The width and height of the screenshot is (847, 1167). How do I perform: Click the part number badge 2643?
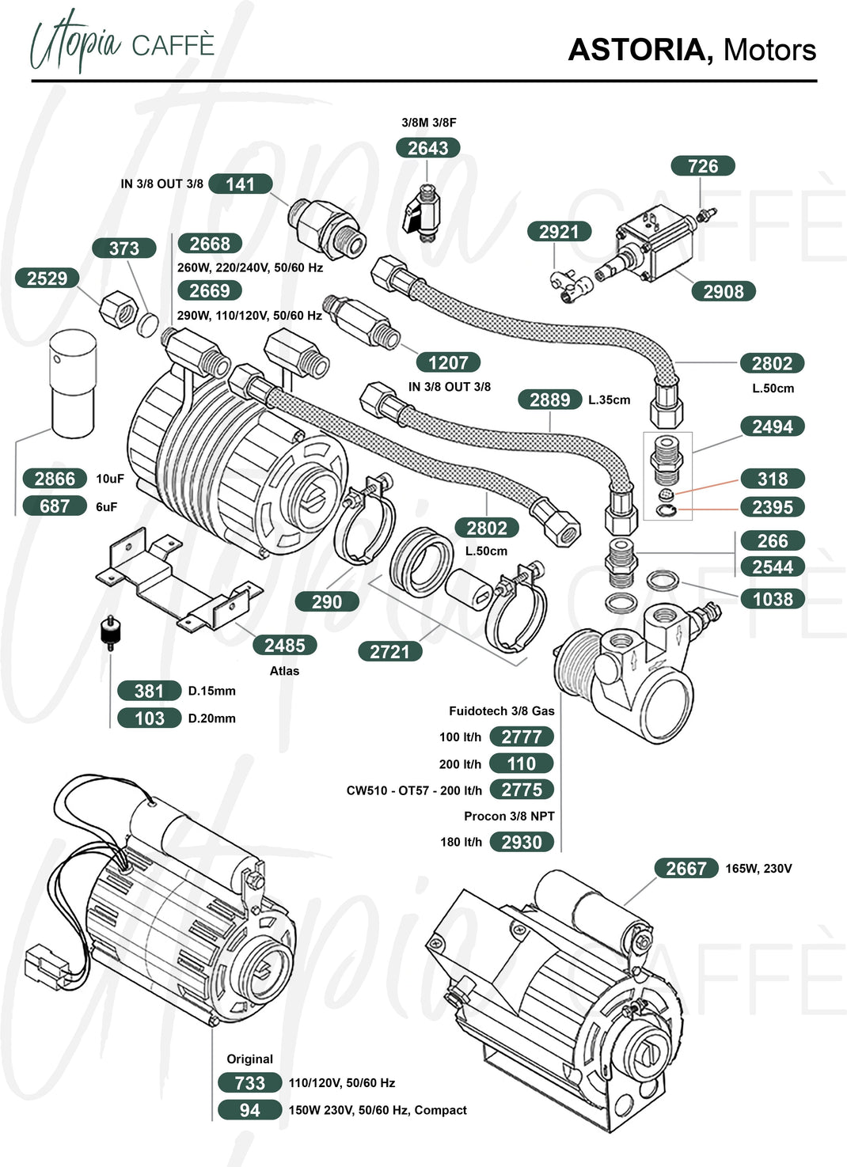tap(427, 148)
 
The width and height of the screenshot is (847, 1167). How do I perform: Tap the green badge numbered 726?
tap(703, 166)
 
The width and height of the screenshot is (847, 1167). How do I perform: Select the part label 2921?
tap(559, 232)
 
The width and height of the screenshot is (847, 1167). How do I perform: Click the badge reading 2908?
tap(724, 291)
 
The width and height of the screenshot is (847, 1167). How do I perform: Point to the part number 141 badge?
tap(241, 184)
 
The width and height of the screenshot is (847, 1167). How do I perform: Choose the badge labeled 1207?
tap(448, 362)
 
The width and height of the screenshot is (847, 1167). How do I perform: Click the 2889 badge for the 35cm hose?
tap(550, 400)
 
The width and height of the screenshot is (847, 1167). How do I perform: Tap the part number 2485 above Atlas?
tap(285, 646)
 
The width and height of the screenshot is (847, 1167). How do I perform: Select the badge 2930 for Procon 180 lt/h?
tap(522, 842)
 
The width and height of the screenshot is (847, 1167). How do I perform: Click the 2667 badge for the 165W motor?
tap(686, 868)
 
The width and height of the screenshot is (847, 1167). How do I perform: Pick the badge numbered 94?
tap(249, 1110)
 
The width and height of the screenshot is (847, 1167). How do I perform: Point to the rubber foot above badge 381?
tap(110, 633)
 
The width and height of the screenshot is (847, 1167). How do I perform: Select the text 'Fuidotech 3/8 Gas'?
tap(501, 710)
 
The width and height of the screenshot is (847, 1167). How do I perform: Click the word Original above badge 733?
tap(249, 1059)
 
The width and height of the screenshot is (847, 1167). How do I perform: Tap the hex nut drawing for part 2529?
tap(120, 307)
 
